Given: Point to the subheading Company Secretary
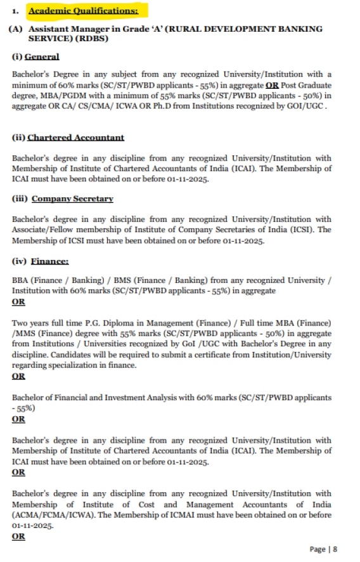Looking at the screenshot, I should [72, 199].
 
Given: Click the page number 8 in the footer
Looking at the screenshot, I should [335, 549].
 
